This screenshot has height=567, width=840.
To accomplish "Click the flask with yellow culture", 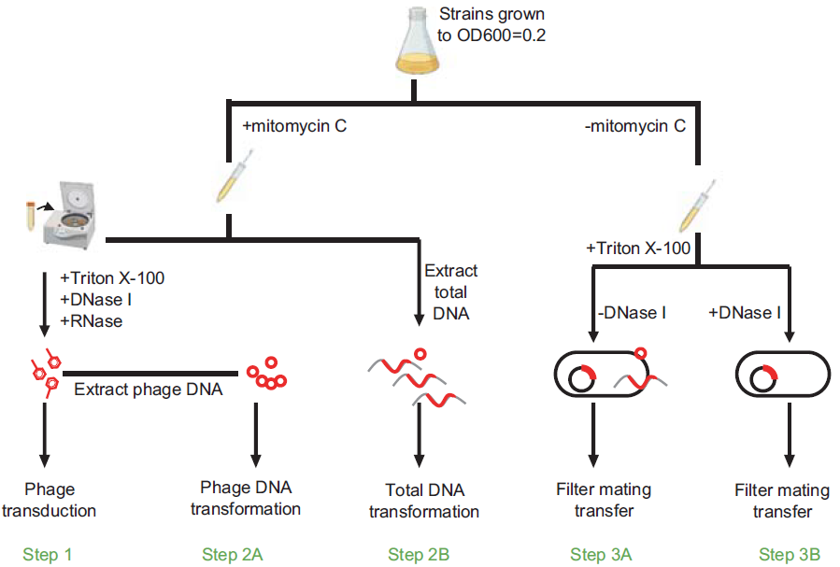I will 414,46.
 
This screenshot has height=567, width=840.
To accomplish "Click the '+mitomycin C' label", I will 295,125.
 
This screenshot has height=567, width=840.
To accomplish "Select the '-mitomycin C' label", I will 635,125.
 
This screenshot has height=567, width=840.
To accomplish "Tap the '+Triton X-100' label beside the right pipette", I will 639,249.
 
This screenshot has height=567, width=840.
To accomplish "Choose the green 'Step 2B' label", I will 420,555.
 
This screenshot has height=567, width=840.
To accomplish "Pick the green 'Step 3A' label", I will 602,555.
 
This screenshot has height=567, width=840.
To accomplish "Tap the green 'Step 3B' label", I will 790,555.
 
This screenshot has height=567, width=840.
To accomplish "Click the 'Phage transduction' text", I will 60,500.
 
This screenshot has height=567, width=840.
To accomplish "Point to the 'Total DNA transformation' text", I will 424,501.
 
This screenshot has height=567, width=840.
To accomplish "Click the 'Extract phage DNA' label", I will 149,390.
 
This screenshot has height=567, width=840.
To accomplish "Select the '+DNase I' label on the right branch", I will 745,312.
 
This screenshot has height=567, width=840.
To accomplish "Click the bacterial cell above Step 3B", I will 783,375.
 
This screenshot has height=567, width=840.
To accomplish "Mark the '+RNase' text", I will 90,320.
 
